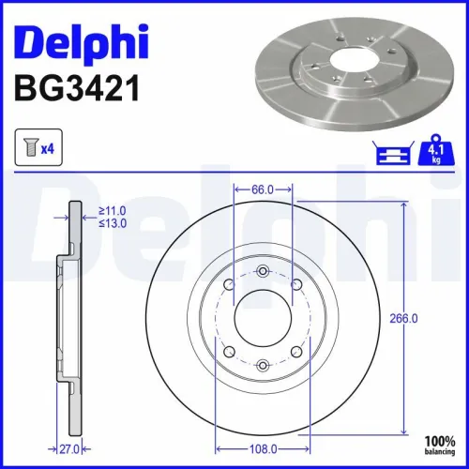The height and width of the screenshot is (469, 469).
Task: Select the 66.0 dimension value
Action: click(x=263, y=189)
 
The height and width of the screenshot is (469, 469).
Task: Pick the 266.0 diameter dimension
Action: click(x=403, y=318)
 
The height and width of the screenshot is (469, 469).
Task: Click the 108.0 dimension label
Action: click(x=263, y=448)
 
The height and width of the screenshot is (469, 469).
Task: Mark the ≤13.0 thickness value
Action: click(x=114, y=225)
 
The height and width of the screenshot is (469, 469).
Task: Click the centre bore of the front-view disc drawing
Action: click(x=263, y=317)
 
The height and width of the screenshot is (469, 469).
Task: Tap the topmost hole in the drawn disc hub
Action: click(x=263, y=271)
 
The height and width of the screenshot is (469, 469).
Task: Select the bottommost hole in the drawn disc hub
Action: click(x=263, y=364)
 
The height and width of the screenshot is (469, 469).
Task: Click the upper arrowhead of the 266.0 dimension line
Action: click(x=404, y=204)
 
